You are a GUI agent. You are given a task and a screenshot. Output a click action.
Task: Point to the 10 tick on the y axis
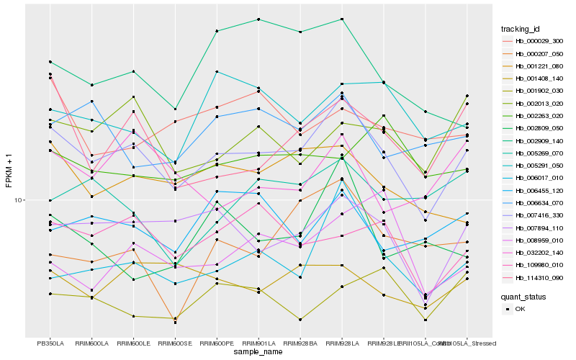point(19,200)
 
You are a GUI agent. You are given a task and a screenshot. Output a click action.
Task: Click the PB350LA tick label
point(50,343)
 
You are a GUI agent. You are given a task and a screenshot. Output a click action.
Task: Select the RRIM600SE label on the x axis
point(176,343)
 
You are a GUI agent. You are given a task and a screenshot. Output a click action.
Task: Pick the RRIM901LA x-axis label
point(258,343)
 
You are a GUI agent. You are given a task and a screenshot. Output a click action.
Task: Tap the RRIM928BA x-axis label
point(300,343)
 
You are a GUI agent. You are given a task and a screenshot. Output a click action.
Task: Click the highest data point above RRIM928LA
point(342,19)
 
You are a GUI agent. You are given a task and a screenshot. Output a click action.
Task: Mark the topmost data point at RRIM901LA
point(258,19)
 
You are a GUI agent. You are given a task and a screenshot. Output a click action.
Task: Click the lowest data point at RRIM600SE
point(176,323)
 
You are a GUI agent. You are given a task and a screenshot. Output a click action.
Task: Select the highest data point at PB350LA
point(50,62)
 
